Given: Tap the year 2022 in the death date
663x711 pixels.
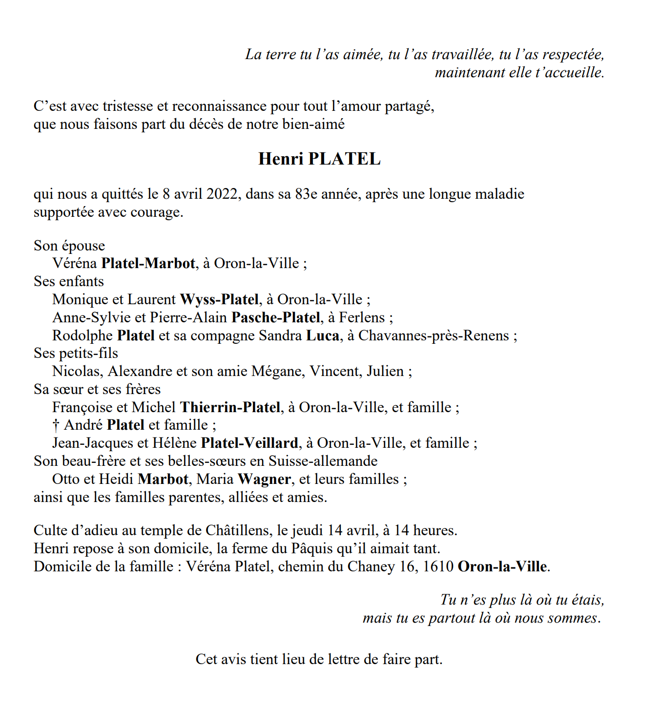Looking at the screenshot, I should click(x=223, y=194).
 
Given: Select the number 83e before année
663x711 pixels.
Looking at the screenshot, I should click(x=307, y=194).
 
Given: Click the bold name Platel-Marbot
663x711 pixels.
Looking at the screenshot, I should click(x=148, y=264).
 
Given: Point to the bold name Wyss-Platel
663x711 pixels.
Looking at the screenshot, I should click(x=219, y=299).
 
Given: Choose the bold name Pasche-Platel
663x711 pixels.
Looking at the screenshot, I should click(x=276, y=317).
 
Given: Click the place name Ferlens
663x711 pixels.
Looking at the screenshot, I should click(x=362, y=317).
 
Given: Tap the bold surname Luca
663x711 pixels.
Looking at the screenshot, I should click(x=322, y=335).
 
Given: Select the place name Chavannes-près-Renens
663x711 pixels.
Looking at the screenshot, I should click(x=434, y=335).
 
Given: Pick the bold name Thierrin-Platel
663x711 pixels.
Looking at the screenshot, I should click(x=230, y=407).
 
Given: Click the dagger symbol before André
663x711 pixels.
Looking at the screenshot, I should click(x=56, y=425).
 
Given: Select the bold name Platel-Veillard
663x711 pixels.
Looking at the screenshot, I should click(x=249, y=443).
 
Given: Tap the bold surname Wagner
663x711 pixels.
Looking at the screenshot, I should click(x=264, y=480).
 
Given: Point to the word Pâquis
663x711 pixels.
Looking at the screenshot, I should click(x=312, y=549).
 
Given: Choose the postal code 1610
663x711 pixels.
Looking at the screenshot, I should click(x=438, y=567).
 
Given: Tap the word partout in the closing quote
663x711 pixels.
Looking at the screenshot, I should click(x=451, y=618).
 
